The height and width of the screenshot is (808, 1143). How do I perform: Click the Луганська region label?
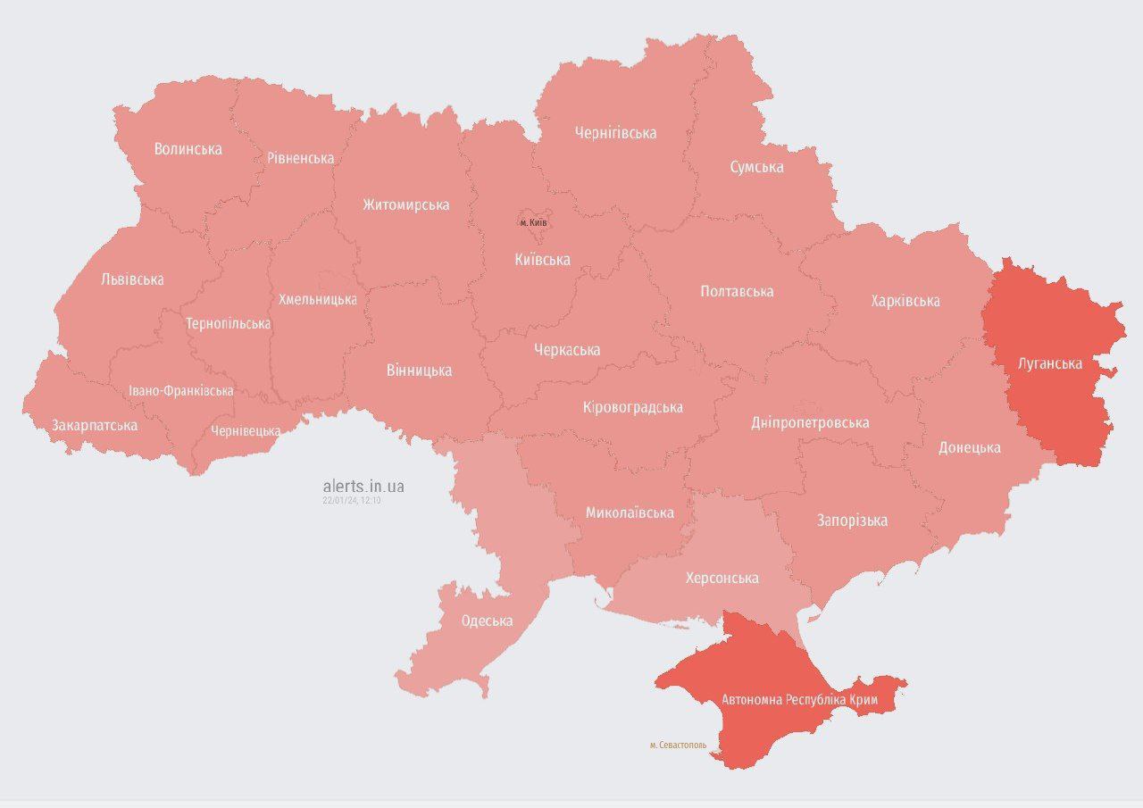[1050, 363]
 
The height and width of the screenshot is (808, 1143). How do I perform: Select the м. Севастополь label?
[678, 744]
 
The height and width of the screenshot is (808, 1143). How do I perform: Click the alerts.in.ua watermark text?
[363, 486]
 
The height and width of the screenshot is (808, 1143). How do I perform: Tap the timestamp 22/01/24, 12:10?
[352, 501]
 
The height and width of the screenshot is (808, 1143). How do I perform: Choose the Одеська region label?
[487, 621]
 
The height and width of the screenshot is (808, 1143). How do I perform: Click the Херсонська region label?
[722, 578]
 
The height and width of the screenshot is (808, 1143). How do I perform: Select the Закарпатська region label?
[95, 425]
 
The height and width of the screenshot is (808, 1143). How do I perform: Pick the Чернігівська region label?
[615, 133]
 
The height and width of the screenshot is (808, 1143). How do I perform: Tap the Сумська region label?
[756, 167]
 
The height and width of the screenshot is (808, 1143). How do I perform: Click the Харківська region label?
[905, 301]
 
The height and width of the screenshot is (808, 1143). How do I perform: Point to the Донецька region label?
[969, 447]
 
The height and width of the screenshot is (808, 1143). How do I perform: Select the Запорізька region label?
[852, 520]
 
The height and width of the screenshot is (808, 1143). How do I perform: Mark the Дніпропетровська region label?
[810, 422]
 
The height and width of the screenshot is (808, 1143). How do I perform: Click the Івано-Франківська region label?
[181, 391]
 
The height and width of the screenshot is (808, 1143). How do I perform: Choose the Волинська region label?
[188, 149]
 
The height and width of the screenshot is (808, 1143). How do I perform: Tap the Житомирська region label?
[405, 204]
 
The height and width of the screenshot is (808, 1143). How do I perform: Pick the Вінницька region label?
[419, 370]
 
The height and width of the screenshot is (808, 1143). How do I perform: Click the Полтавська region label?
[737, 291]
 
